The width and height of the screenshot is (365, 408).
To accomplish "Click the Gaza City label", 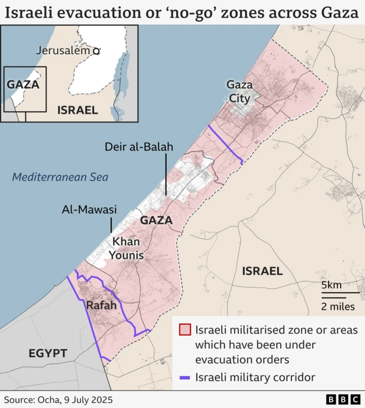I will tap(240, 91).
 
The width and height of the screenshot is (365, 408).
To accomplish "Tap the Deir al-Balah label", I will tap(139, 147).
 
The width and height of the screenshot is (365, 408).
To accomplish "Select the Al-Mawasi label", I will tap(89, 210).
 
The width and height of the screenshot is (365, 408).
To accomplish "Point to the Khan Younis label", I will tap(126, 248).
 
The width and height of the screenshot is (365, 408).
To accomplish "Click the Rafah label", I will tap(102, 305).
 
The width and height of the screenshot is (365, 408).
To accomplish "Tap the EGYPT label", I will tap(48, 353).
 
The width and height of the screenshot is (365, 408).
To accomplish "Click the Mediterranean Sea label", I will tap(60, 177).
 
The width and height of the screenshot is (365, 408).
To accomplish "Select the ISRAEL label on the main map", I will tap(262, 270).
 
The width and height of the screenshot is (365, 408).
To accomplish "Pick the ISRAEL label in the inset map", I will tap(78, 110).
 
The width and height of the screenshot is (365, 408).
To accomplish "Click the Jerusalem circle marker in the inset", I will tap(96, 51).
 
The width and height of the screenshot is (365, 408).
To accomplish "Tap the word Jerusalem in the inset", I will tap(63, 50).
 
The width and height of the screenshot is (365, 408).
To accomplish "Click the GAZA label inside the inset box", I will tap(23, 84).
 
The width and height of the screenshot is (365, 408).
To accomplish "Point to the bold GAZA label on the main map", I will tap(156, 220).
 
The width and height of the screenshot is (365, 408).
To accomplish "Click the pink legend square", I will tap(185, 330).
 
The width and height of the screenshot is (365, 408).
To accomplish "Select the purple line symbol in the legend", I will tap(185, 377).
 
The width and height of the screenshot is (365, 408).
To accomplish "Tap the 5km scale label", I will tap(331, 285).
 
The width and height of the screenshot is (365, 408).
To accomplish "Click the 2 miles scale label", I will tap(338, 306).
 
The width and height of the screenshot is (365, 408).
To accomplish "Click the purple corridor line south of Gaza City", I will tap(225, 145).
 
